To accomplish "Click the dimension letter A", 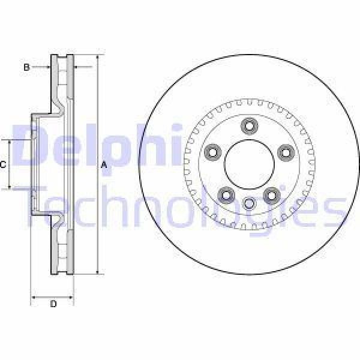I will point(103,165).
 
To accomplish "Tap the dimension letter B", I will point(26,67).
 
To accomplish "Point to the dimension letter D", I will point(53,305).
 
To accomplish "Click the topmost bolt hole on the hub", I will point(249,125).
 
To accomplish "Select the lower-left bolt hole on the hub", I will point(226,194).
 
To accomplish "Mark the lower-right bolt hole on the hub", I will point(272,194).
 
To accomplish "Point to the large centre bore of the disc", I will point(249,164).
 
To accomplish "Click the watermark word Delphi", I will point(96,144).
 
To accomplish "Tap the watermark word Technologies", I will point(180,207).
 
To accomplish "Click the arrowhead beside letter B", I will point(47,67).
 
